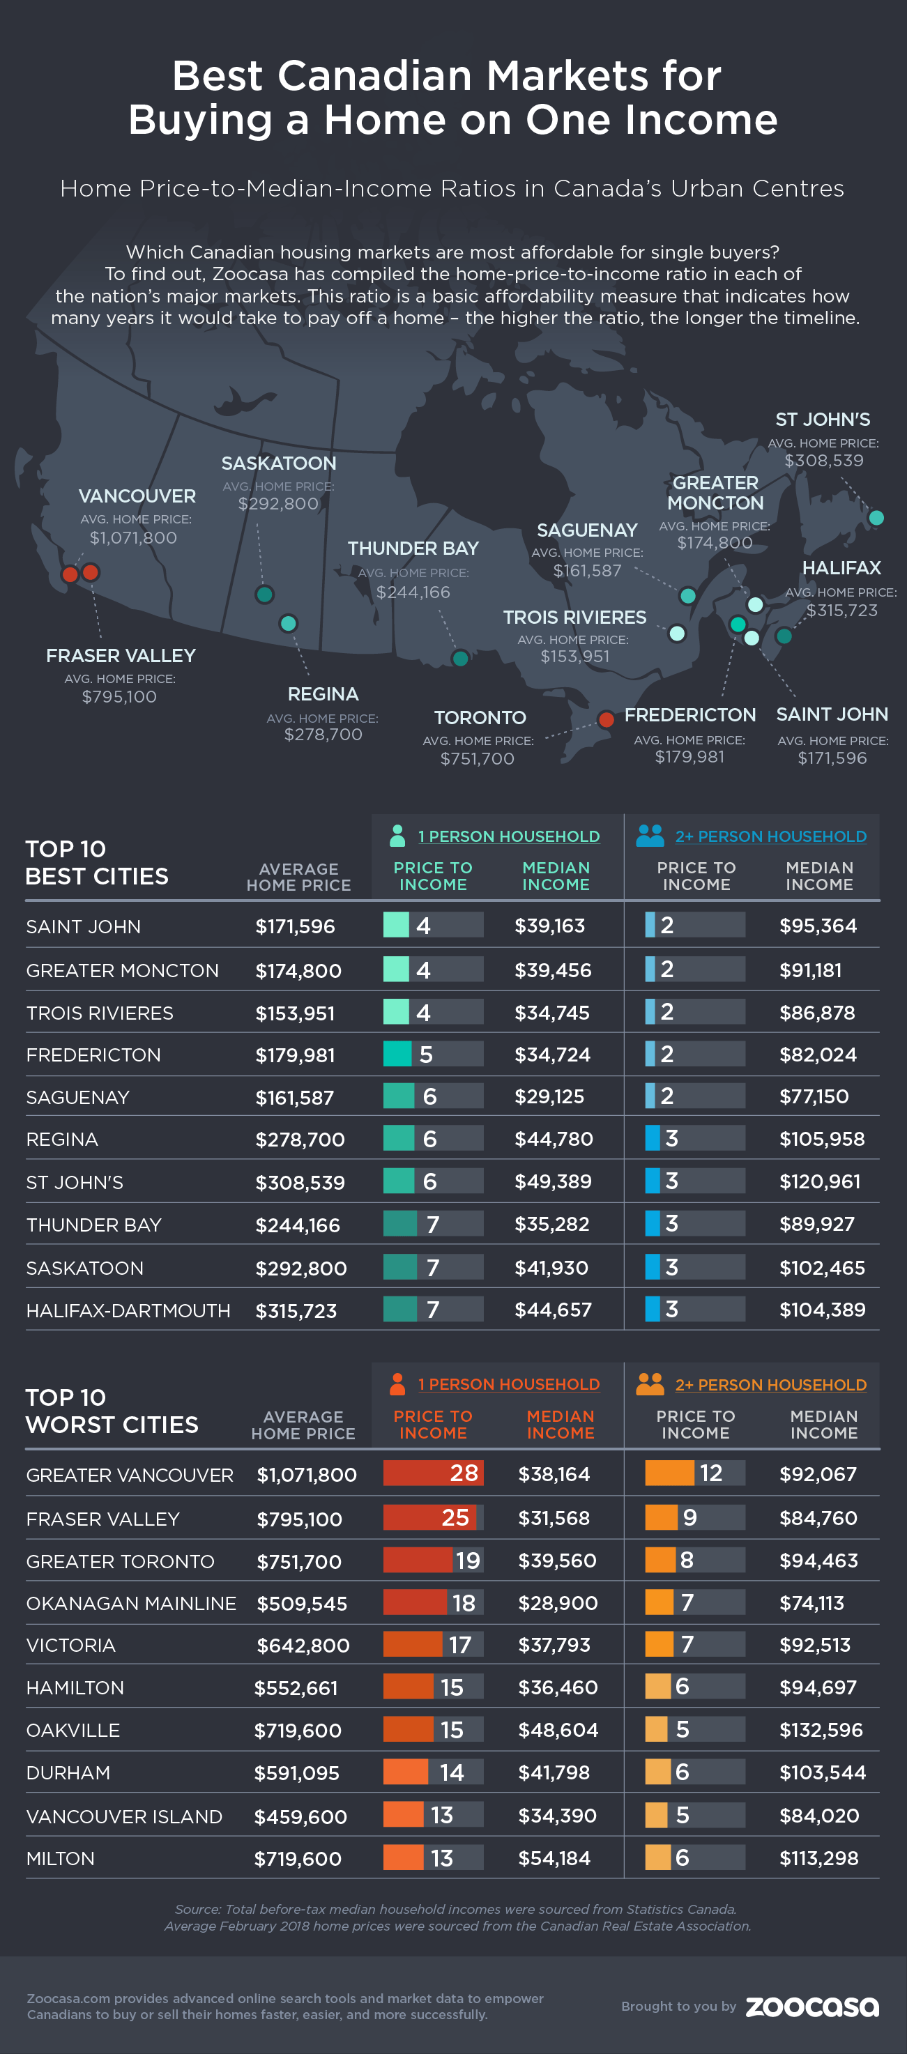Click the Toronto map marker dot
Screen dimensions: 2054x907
[x=607, y=719]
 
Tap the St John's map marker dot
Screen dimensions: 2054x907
[x=876, y=517]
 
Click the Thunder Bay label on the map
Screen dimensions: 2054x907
[x=413, y=549]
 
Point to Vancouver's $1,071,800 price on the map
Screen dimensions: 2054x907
[x=133, y=538]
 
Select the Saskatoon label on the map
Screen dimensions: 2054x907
[x=278, y=463]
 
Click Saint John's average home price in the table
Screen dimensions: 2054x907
[x=295, y=926]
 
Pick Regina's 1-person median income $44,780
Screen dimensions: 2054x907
[x=554, y=1139]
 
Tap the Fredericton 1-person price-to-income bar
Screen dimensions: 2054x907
[x=432, y=1054]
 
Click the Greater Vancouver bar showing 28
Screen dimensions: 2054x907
[x=432, y=1473]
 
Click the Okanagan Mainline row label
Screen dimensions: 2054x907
[x=131, y=1602]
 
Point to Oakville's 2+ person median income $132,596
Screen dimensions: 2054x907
[x=821, y=1729]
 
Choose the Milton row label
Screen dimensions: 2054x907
[x=61, y=1858]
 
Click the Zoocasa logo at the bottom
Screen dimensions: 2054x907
[x=812, y=2005]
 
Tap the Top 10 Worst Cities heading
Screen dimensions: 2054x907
[x=112, y=1411]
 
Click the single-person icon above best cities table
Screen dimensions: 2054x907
[x=397, y=836]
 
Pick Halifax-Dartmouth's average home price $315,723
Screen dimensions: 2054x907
[x=296, y=1311]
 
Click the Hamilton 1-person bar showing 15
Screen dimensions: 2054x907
[x=432, y=1687]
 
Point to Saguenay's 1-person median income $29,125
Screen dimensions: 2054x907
[x=549, y=1096]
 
